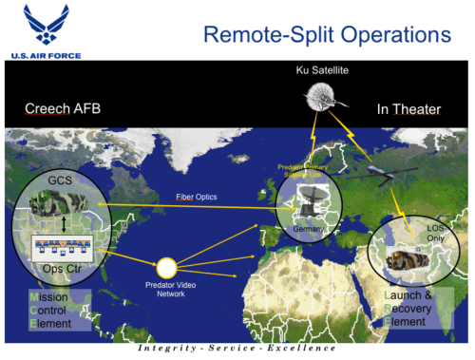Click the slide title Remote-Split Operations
tap(313, 36)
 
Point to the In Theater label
tap(408, 109)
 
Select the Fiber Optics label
tap(197, 197)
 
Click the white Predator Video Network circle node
tap(168, 269)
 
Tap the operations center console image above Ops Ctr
tap(60, 248)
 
